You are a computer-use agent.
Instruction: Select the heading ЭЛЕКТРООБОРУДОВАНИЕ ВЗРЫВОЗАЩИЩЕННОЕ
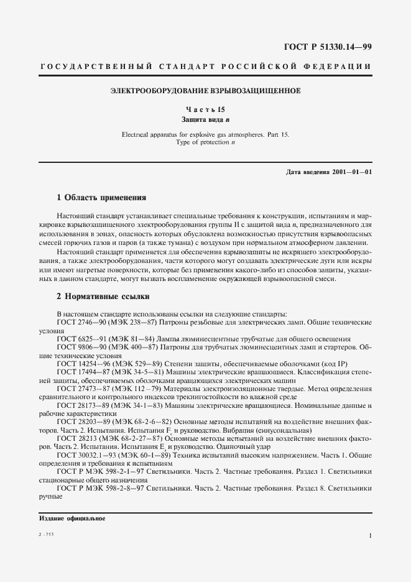coord(205,91)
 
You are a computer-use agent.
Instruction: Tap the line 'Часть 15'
coord(205,109)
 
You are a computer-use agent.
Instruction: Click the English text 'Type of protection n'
coord(205,142)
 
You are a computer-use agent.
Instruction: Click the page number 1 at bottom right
coord(370,535)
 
